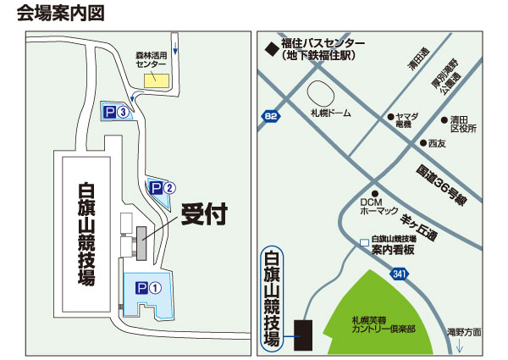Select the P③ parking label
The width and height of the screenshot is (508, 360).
(x=116, y=111)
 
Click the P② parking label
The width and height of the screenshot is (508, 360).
(x=163, y=187)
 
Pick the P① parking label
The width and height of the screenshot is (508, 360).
(x=149, y=287)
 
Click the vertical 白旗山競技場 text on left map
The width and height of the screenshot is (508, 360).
(x=86, y=232)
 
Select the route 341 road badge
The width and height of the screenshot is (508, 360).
(x=400, y=274)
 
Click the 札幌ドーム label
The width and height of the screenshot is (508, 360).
(x=329, y=113)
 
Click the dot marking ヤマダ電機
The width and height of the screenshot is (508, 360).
(x=389, y=116)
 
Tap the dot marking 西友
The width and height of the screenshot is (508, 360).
(x=423, y=142)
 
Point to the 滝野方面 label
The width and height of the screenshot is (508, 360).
(x=463, y=331)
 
